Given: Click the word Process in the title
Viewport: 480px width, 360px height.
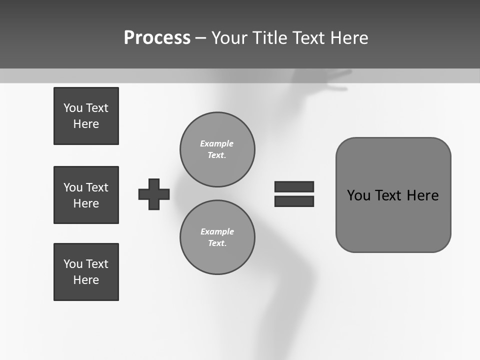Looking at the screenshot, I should tap(157, 37).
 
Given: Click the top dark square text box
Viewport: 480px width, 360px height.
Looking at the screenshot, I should tap(86, 116).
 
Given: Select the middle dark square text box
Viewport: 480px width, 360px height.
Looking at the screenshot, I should tap(86, 195).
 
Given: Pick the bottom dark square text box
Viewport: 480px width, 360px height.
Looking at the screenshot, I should tap(86, 272).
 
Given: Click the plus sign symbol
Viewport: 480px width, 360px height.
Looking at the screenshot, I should tap(154, 194).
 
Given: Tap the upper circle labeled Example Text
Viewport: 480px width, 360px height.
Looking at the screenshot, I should tap(217, 149).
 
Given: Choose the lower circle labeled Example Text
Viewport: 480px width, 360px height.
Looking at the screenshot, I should tap(217, 237).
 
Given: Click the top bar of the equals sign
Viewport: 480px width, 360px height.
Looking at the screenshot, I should tap(294, 186).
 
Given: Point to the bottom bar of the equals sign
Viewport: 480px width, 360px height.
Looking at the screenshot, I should tap(294, 201).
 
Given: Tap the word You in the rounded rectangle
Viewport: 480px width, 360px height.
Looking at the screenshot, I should tap(358, 195).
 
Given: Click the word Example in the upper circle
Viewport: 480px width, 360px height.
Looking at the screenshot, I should tap(216, 143).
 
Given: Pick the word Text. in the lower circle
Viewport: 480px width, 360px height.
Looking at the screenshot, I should tap(217, 243).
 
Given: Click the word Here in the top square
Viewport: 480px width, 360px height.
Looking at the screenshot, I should tap(86, 124).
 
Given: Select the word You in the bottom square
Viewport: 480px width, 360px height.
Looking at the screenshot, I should tap(72, 264).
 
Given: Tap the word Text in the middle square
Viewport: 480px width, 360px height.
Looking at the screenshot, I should tap(96, 187).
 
